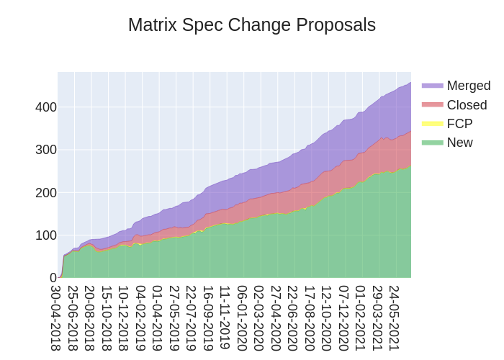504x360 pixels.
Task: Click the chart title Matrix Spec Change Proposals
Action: pos(252,25)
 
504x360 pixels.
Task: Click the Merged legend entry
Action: pos(468,86)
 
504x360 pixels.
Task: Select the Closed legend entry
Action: pos(467,105)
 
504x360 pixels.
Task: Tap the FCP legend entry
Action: pos(459,124)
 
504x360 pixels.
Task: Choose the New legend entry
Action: pos(459,143)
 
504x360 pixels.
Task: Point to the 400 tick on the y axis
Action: pos(46,107)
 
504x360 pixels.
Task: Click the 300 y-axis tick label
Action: pos(46,150)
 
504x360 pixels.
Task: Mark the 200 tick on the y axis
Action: pos(46,192)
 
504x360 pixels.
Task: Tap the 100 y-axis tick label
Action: pos(46,235)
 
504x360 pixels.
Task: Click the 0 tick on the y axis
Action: pos(53,277)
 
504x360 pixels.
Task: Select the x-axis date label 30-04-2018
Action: pos(56,318)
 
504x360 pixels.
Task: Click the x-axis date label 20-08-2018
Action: pos(90,318)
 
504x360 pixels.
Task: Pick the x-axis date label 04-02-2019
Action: pos(141,318)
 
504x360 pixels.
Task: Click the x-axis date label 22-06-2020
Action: pos(293,318)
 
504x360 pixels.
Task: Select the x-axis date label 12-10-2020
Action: pos(327,318)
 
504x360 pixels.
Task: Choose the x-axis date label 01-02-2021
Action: pos(361,318)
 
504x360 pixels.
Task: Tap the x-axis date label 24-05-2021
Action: pos(395,318)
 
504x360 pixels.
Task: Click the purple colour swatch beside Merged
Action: pos(432,86)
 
